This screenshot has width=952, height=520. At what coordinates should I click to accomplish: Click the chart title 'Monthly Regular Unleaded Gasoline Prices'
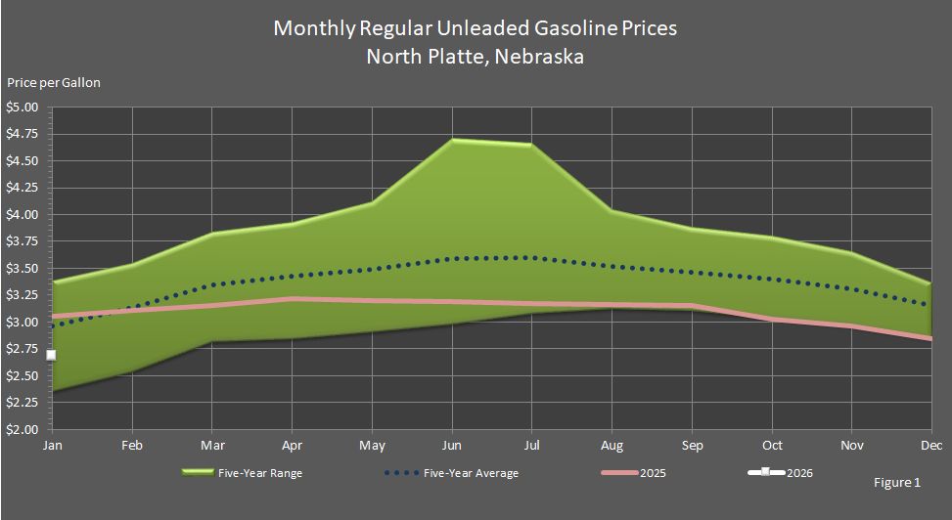pos(475,27)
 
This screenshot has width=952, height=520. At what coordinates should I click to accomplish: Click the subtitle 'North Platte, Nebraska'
pos(475,56)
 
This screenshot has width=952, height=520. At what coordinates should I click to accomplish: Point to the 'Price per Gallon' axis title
pos(54,83)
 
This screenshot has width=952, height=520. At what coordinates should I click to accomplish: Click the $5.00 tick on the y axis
pos(22,108)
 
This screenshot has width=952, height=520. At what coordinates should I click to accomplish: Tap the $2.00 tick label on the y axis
pos(22,429)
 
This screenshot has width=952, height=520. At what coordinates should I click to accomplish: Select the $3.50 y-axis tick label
pos(22,268)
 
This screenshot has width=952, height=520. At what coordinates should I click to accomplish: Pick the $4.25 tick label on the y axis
pos(22,188)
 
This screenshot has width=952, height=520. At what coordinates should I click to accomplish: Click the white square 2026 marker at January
pos(52,355)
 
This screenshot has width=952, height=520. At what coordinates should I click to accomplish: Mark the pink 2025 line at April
pos(293,299)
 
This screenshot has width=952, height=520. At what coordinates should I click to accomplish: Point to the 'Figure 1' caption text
pos(897,483)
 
